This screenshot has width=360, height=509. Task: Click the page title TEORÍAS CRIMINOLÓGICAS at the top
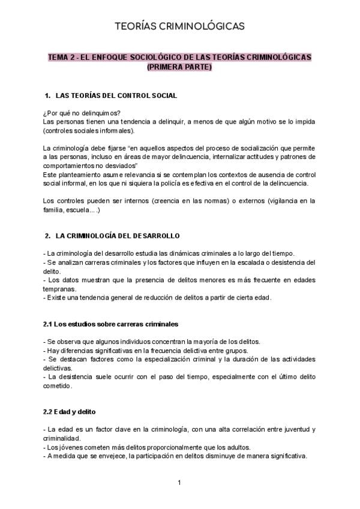pos(179,26)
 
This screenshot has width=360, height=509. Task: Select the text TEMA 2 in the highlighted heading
pos(62,58)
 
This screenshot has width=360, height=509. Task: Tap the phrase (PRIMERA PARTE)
pos(179,67)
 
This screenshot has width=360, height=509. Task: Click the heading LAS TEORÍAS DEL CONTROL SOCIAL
pos(116,96)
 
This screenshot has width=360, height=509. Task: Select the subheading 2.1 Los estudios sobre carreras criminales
pos(110,324)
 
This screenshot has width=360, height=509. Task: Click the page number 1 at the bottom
pos(179,483)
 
